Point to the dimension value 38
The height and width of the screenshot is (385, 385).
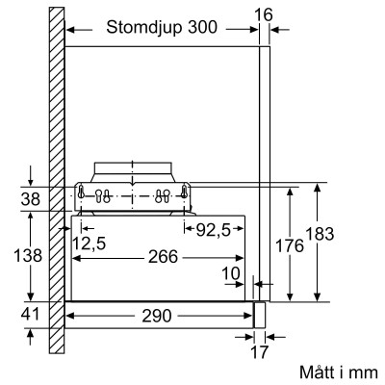(32, 199)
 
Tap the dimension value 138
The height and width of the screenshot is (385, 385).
(32, 256)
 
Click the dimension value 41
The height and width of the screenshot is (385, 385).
(32, 314)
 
